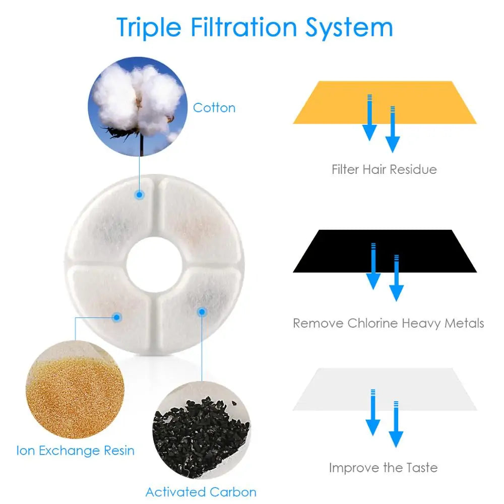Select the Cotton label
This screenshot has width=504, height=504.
click(x=214, y=108)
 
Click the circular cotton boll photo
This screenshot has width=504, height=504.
click(x=136, y=104)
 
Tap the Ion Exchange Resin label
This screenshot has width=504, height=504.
click(x=76, y=450)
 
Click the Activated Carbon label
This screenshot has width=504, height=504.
click(x=201, y=492)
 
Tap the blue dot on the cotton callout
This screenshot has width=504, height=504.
click(x=140, y=194)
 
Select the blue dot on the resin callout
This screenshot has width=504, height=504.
click(x=116, y=317)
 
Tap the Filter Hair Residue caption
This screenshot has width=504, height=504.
click(x=384, y=169)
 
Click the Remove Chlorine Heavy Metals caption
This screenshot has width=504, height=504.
click(x=388, y=323)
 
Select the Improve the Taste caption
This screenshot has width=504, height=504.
click(x=384, y=468)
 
